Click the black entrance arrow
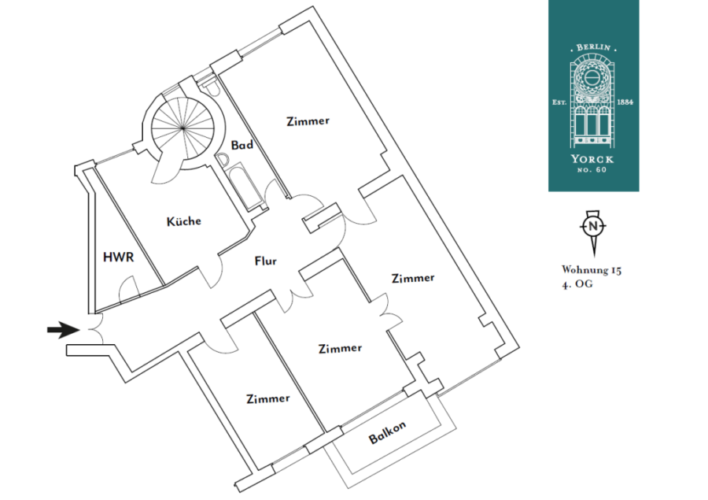coord(64,330)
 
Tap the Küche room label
coord(184,221)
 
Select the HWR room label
coord(118,257)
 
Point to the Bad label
coord(242,145)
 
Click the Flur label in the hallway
coord(266,261)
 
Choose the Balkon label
coord(387,432)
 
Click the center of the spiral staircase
coord(183,128)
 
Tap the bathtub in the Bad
coord(245,187)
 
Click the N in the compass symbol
coord(593,226)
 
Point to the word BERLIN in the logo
coord(593,47)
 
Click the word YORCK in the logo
coord(592,159)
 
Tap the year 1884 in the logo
coord(625,102)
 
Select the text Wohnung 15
coord(592,270)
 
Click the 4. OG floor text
coord(577,284)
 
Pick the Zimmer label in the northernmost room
coord(308,120)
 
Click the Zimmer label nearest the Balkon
coord(340,348)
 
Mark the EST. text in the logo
coord(559,102)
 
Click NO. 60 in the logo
coord(592,170)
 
